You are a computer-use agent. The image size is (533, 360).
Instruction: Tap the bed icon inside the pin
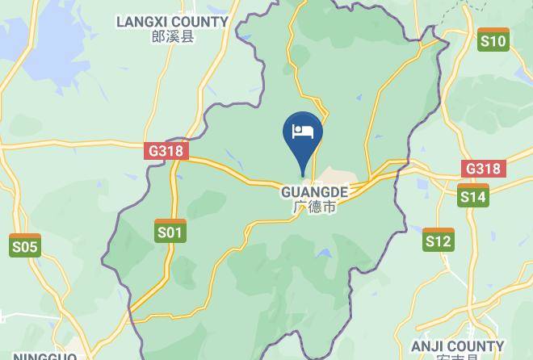(x=303, y=132)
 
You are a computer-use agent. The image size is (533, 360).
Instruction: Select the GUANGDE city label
(x=315, y=192)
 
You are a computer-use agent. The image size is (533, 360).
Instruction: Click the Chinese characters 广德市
(x=315, y=207)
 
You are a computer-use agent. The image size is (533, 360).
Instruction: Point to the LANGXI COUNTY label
(x=172, y=21)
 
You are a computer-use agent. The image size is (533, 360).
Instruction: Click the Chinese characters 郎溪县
(x=172, y=36)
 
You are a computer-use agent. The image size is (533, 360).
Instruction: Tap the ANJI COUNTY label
(x=458, y=346)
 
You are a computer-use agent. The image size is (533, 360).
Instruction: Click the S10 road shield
(x=493, y=40)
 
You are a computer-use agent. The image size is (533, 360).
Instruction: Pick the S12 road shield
(x=438, y=240)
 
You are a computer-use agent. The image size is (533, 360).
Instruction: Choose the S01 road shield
(x=170, y=232)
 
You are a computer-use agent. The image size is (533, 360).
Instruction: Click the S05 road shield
(x=25, y=245)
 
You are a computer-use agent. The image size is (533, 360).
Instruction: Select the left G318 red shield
(x=167, y=150)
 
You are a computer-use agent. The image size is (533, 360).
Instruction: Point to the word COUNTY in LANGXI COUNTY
(x=199, y=21)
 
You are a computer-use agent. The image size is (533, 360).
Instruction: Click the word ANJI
(x=428, y=346)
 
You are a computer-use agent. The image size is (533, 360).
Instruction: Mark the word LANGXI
(x=141, y=21)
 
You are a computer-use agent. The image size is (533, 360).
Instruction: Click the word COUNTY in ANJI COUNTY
(x=476, y=346)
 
